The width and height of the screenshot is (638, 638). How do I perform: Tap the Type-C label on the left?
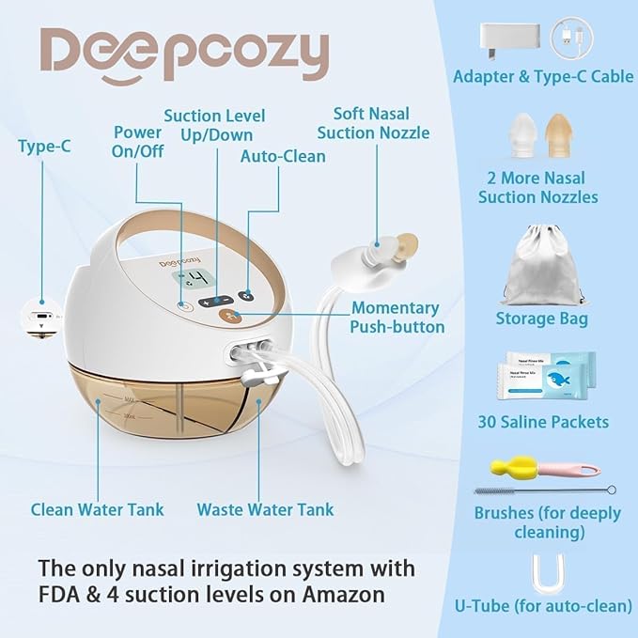point(43,146)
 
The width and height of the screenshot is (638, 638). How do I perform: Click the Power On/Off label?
point(137,144)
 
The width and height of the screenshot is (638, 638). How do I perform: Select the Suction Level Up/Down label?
point(215,127)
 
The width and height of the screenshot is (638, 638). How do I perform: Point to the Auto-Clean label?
point(283,156)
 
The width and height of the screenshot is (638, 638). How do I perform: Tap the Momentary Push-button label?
point(394,318)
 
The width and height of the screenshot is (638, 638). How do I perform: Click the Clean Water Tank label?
point(97,509)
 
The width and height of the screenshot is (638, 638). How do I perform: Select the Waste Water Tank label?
point(265,509)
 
